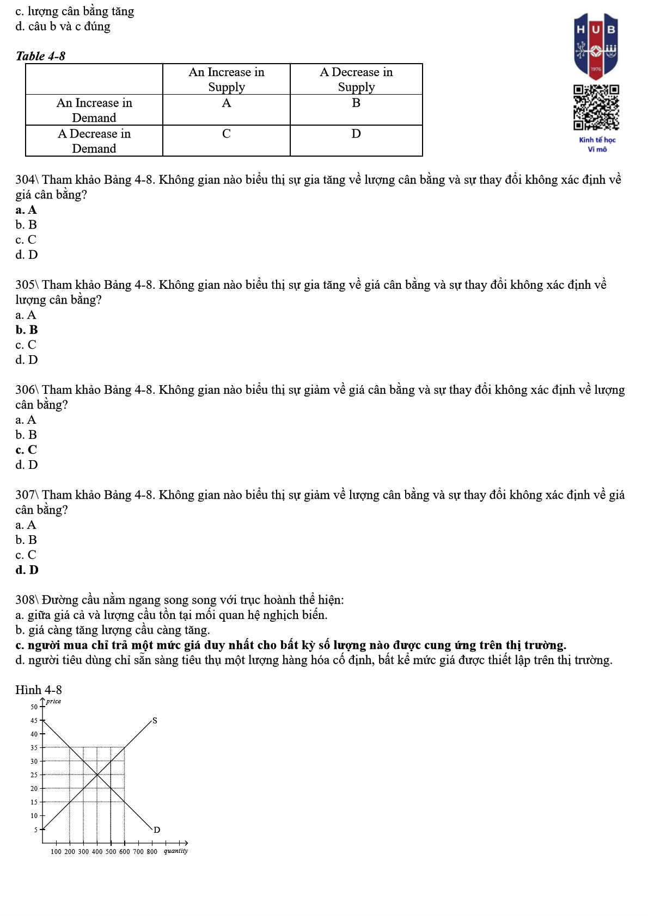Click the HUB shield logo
(x=596, y=47)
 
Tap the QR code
(x=596, y=108)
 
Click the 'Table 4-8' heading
(x=40, y=56)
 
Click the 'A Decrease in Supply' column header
(x=356, y=79)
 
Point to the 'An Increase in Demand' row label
(x=94, y=110)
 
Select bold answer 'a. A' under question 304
(x=26, y=210)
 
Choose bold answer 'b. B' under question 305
(x=27, y=330)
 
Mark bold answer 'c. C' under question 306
(x=26, y=450)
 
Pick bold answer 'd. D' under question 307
(x=27, y=570)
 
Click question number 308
(x=25, y=600)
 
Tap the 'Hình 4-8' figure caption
(x=38, y=690)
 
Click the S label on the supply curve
(x=155, y=721)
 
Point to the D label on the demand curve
(x=157, y=830)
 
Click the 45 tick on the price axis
(x=34, y=721)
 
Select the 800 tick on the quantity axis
(x=152, y=852)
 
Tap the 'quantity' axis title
(x=176, y=851)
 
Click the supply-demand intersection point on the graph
(x=97, y=775)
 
